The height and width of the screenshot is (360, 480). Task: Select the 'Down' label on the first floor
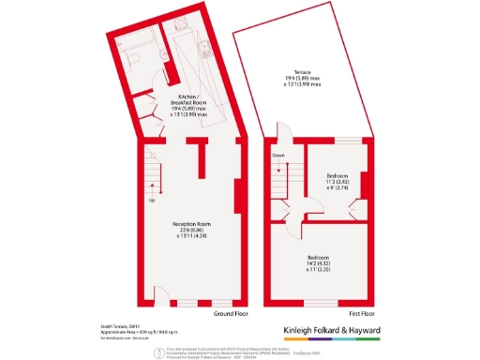coord(278,156)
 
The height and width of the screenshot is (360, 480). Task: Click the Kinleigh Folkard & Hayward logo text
coord(344,330)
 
